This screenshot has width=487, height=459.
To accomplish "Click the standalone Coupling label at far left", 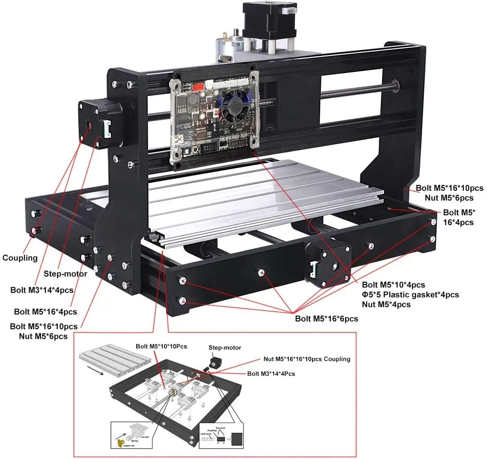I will point(20,258).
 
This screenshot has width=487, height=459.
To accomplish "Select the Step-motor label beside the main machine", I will point(65,274).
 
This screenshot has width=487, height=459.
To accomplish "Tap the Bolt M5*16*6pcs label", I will point(326,319).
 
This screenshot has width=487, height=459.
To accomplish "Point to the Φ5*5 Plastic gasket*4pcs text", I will point(410,294).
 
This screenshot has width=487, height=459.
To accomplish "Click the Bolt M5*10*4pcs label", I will point(393,285).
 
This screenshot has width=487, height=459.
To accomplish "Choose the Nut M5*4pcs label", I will point(386,304).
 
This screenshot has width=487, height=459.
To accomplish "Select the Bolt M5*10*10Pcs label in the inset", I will point(161,346).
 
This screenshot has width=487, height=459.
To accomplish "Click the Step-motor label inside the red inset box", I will point(225,348).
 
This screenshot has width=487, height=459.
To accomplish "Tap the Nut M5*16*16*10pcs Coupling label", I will point(307,359).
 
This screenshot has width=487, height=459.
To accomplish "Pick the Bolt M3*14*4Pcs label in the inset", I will point(271,374).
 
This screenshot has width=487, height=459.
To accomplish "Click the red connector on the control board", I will point(198,87).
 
